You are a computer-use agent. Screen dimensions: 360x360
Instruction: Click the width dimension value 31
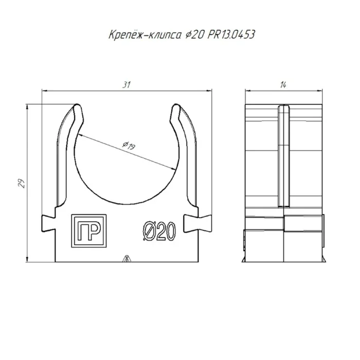127,84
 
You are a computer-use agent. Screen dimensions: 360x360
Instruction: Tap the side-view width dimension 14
283,85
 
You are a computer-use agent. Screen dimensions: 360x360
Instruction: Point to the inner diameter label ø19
129,146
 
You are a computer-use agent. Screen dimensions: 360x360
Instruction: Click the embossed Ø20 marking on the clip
159,231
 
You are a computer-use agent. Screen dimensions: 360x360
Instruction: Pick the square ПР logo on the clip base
89,231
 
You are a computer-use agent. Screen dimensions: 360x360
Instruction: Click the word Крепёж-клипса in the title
145,35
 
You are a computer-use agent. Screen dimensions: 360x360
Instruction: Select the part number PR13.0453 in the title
231,34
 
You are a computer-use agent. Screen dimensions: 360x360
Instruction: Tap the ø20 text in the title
194,35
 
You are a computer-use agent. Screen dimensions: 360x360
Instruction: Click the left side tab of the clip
48,223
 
